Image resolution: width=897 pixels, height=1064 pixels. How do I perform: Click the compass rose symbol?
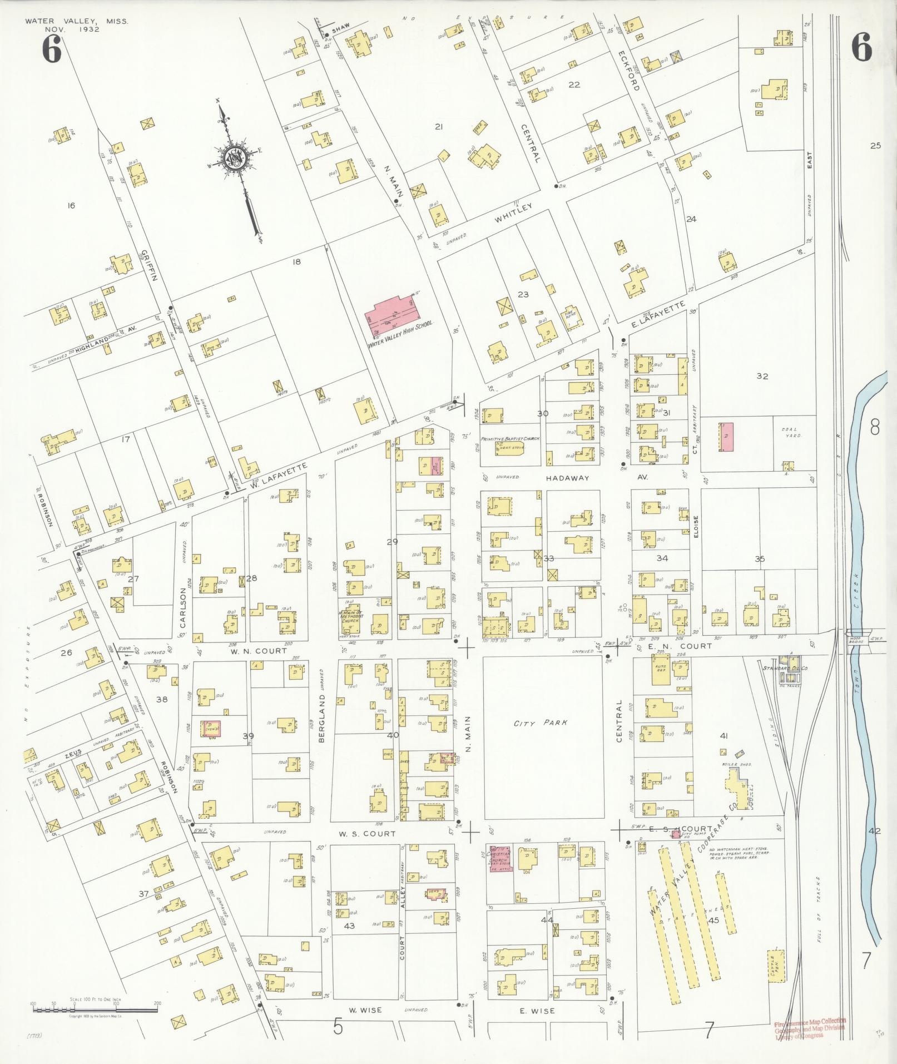234,160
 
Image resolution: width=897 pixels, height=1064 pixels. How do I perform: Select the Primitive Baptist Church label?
511,439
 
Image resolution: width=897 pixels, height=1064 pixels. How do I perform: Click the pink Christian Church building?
500,871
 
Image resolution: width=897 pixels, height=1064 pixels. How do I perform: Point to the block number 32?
762,376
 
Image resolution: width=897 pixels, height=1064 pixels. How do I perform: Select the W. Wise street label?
365,1010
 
